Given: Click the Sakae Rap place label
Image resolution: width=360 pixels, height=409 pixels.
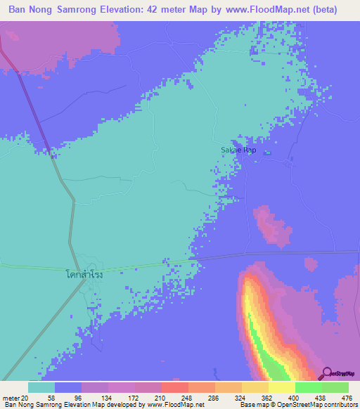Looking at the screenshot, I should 239,150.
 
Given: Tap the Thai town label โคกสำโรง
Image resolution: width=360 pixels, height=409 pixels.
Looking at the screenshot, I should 84,274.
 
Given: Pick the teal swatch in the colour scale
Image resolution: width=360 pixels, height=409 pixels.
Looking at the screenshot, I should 41,387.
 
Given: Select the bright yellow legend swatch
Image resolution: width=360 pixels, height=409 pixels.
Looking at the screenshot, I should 282,387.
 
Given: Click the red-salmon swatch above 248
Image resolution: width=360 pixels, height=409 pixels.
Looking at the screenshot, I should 174,387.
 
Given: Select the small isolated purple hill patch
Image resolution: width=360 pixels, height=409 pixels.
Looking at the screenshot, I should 271,226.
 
